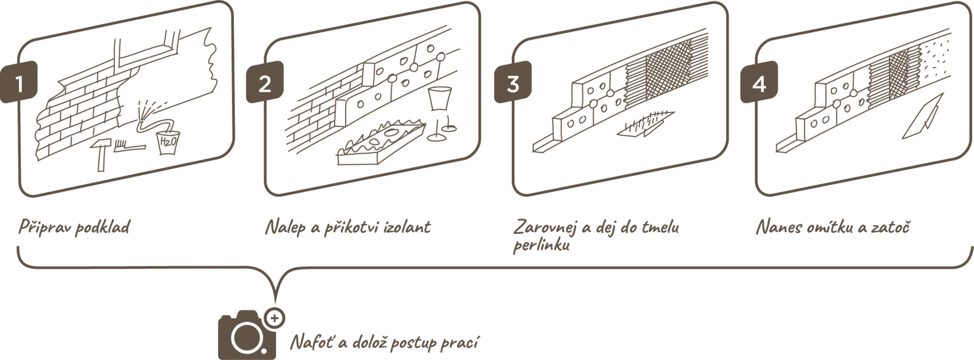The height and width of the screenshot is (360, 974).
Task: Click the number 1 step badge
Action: click(x=19, y=82)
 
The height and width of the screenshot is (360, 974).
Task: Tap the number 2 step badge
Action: click(x=265, y=82)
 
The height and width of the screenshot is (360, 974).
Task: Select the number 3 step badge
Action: click(x=513, y=82)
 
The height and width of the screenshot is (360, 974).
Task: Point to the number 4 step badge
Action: click(x=759, y=82)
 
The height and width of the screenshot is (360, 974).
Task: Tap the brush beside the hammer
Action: click(x=130, y=147)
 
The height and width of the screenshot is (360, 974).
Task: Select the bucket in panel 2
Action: click(x=439, y=99)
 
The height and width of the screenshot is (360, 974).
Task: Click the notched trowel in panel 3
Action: click(x=645, y=124)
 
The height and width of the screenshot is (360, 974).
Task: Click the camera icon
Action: click(x=247, y=335)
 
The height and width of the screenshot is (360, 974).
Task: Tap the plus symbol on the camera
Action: click(x=274, y=318)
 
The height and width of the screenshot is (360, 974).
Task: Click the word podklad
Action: click(x=102, y=227)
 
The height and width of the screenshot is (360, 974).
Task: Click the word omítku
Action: click(x=828, y=227)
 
